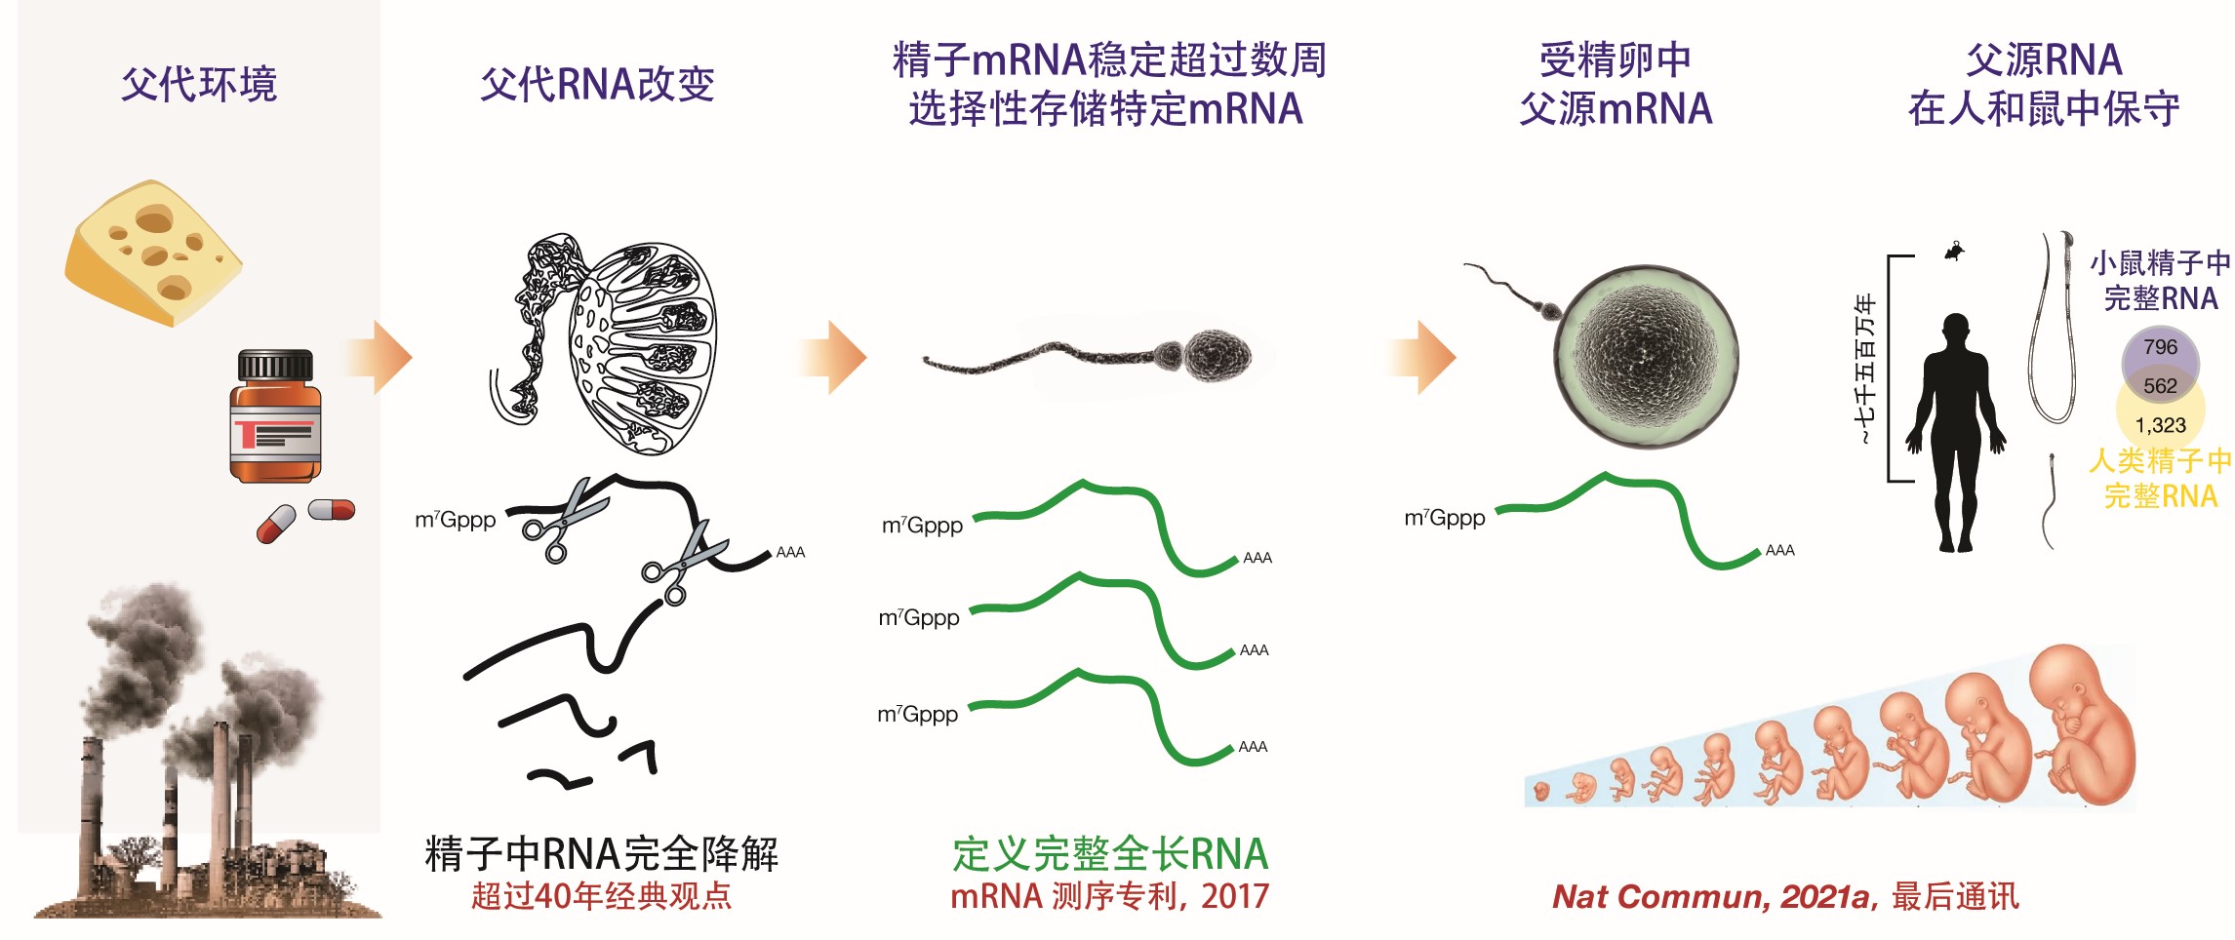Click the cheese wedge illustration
click(153, 253)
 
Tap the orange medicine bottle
click(275, 417)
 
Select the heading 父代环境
click(199, 85)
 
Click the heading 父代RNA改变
click(597, 85)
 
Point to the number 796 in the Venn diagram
click(2160, 347)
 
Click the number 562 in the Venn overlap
click(2160, 386)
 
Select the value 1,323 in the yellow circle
click(2160, 425)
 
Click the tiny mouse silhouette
click(1954, 252)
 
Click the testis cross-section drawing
click(644, 346)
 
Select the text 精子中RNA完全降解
click(601, 854)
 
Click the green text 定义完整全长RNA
click(1110, 854)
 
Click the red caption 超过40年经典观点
click(601, 896)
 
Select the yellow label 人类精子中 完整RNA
click(2160, 478)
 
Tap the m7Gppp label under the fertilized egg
click(1444, 518)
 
